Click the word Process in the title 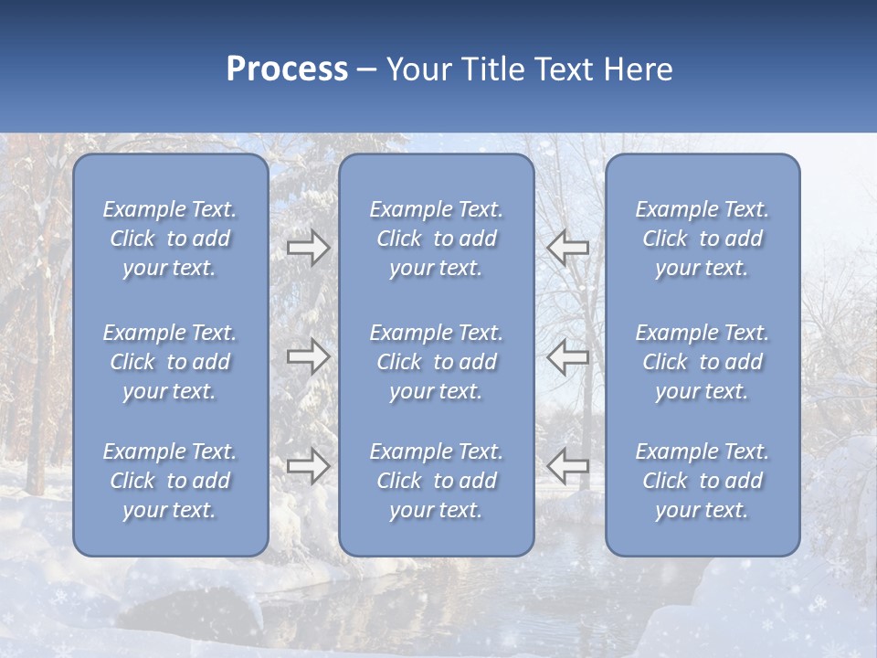(x=287, y=69)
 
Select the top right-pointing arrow (x=308, y=248)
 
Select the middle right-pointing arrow (x=308, y=356)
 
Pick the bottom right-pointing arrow (x=308, y=466)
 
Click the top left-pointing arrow (x=568, y=248)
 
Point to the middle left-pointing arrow (x=568, y=356)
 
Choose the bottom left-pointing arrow (x=568, y=466)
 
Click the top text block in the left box (x=170, y=239)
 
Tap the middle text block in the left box (x=170, y=362)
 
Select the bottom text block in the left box (x=170, y=481)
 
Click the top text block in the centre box (x=436, y=239)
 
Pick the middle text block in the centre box (x=436, y=362)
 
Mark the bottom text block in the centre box (x=436, y=481)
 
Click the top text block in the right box (x=702, y=239)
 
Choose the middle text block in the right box (x=702, y=362)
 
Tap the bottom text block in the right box (x=702, y=481)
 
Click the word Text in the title (x=564, y=69)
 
